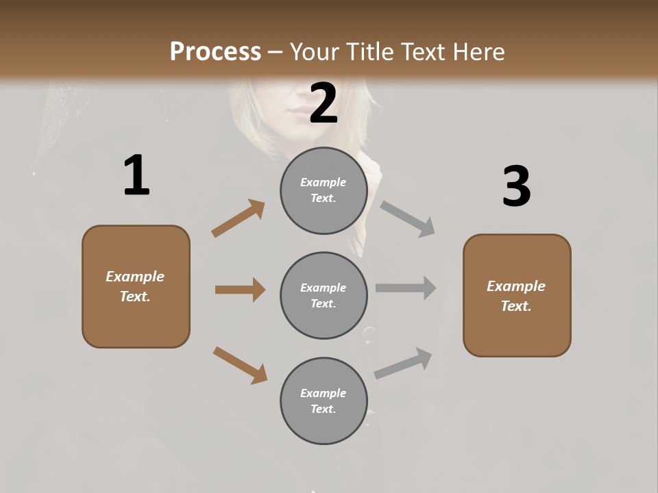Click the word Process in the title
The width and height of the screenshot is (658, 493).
click(x=215, y=51)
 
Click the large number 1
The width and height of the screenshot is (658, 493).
click(x=136, y=176)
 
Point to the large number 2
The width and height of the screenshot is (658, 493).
click(x=324, y=103)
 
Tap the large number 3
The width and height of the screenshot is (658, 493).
click(x=516, y=187)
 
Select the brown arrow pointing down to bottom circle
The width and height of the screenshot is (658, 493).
click(x=240, y=364)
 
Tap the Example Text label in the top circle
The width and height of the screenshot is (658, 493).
click(x=324, y=190)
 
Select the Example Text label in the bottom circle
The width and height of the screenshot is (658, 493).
click(x=324, y=401)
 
